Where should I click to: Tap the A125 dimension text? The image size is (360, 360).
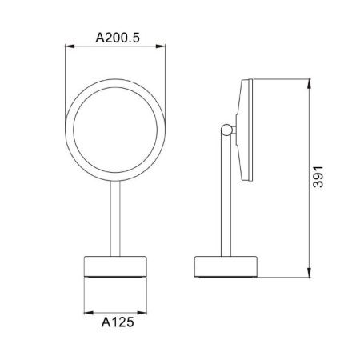click(x=117, y=324)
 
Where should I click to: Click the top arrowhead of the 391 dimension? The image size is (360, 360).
click(x=310, y=82)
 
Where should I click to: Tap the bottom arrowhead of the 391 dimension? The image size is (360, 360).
click(x=310, y=273)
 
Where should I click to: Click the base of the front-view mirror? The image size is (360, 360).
click(x=117, y=266)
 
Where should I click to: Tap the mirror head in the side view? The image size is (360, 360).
click(x=244, y=130)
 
